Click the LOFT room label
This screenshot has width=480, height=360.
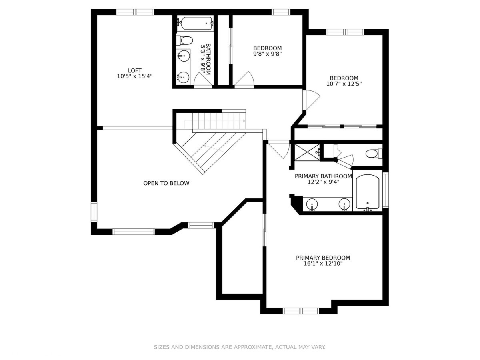point(135,70)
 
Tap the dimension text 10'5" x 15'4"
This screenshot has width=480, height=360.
point(135,76)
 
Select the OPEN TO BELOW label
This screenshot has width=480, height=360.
point(166,183)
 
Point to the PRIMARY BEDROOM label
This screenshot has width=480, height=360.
point(323,258)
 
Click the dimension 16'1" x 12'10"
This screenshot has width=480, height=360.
point(323,264)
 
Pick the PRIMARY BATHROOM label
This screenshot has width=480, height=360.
point(324,176)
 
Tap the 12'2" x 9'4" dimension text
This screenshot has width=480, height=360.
point(324,182)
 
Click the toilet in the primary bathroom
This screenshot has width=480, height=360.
point(374,154)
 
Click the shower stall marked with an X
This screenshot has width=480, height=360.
point(307,152)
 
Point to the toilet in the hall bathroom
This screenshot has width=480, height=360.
point(184,40)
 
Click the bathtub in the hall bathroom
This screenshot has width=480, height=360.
point(195,23)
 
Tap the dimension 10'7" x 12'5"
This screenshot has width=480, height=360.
point(344,84)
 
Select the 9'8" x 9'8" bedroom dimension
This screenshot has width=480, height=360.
point(268,54)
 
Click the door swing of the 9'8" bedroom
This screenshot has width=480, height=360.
point(244,79)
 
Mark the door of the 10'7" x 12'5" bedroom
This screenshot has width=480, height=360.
point(311,100)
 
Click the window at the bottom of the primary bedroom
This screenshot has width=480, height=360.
point(301,311)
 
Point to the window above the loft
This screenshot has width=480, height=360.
point(135,12)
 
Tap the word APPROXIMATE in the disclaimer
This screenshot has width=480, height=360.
point(254,347)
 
